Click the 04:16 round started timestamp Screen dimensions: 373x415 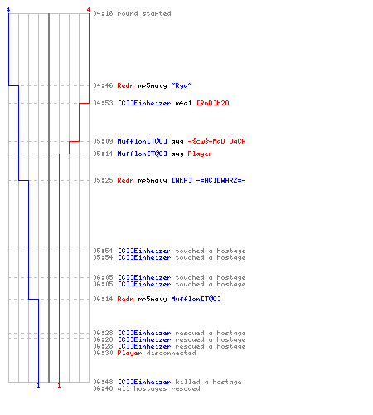(x=103, y=13)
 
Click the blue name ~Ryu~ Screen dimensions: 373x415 (x=182, y=85)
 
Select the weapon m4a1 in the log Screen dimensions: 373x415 (x=183, y=103)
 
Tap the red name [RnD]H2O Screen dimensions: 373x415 (x=213, y=103)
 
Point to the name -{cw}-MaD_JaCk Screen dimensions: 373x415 (x=216, y=141)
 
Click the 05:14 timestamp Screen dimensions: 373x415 (x=103, y=154)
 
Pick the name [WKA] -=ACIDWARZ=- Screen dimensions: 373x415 (x=209, y=180)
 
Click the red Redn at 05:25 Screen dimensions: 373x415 (x=125, y=180)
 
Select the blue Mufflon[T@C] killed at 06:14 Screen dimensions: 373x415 (x=196, y=299)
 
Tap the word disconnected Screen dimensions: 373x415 (x=171, y=353)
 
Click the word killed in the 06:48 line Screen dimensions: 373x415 (x=187, y=382)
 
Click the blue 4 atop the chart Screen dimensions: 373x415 (x=8, y=10)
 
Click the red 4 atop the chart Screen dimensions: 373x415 (x=89, y=10)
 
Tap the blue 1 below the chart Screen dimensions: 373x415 (x=38, y=385)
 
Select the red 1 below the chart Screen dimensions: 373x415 (x=59, y=385)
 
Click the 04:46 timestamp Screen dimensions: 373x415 (x=103, y=85)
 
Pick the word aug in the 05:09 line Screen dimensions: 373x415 (x=177, y=142)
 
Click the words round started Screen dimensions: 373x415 (x=144, y=13)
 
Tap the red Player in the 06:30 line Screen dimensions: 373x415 (x=129, y=353)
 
